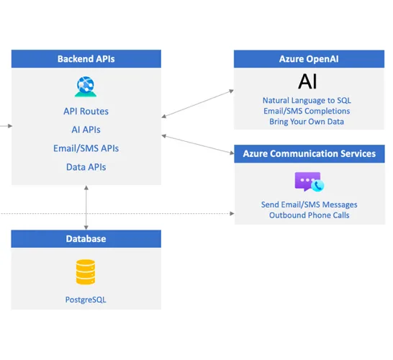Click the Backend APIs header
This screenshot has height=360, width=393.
[86, 59]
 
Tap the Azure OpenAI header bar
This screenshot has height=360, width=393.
[309, 59]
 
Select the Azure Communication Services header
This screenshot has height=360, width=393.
[309, 153]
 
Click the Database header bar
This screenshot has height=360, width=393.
[86, 239]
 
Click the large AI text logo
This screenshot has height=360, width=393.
[308, 81]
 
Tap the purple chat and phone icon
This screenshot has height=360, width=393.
[309, 181]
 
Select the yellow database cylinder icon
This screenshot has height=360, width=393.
[86, 272]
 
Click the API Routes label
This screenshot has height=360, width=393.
[86, 112]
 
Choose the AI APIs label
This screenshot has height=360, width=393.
[86, 130]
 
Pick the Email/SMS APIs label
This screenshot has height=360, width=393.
[86, 148]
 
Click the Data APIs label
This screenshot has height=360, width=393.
[86, 167]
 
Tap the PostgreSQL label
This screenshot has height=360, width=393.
[86, 297]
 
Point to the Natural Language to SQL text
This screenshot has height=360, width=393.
[309, 100]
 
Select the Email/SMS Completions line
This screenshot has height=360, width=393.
[309, 111]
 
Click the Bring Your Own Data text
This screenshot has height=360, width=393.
[309, 122]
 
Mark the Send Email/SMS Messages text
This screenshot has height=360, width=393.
[309, 204]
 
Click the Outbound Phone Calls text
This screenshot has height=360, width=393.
[309, 215]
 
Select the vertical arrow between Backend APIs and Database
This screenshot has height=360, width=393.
[86, 207]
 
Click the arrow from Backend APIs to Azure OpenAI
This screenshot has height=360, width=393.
[198, 103]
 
